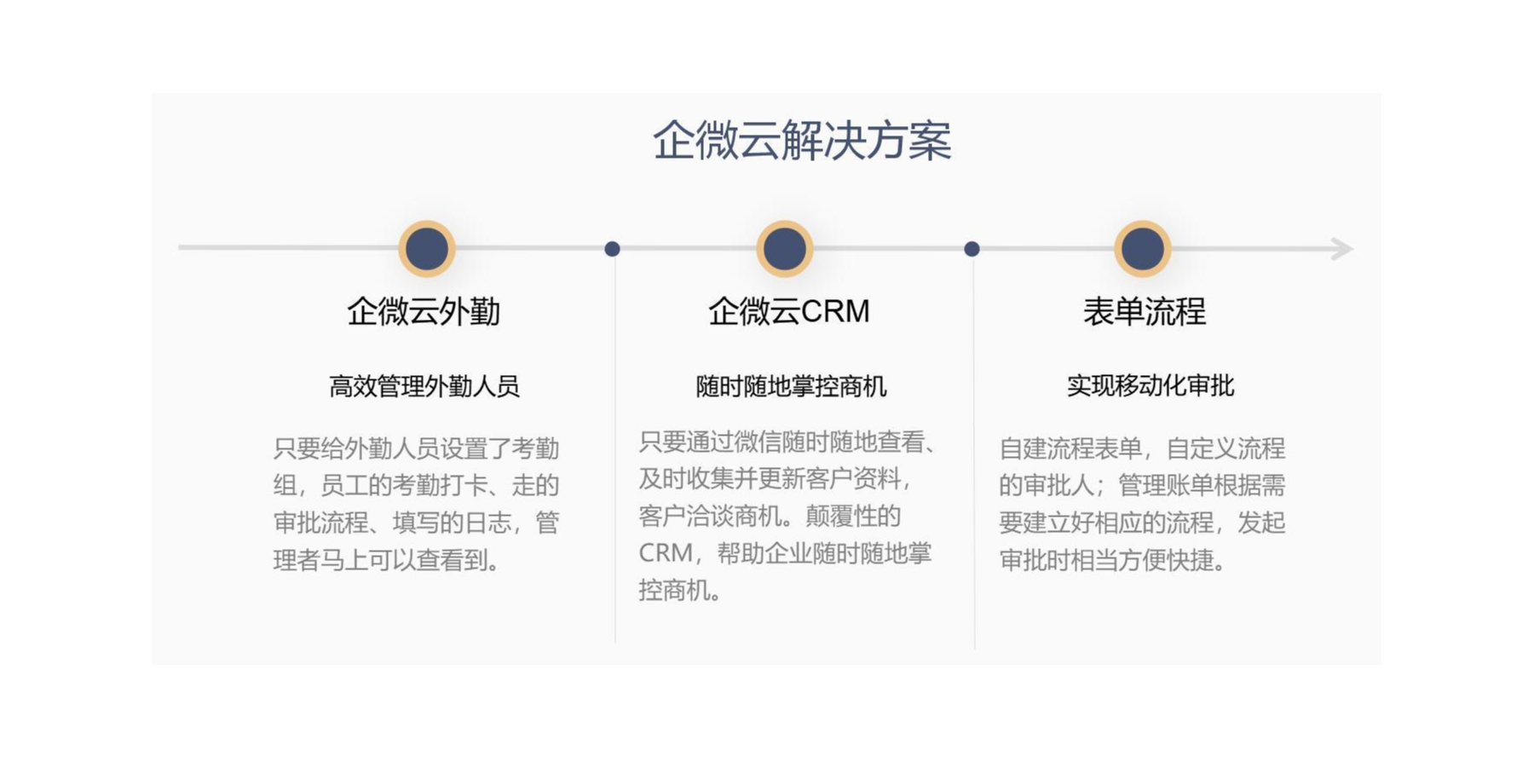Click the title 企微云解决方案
point(802,141)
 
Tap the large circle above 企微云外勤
point(427,249)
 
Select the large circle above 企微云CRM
point(785,249)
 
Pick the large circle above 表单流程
point(1143,249)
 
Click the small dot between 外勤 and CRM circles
point(612,249)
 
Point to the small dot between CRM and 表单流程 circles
point(972,249)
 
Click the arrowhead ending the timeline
point(1342,249)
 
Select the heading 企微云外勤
point(424,312)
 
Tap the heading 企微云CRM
point(789,312)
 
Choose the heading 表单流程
point(1145,312)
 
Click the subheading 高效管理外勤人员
point(424,387)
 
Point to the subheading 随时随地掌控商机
point(792,387)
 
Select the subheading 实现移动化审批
point(1150,386)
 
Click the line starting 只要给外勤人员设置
point(417,448)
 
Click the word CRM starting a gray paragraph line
point(666,553)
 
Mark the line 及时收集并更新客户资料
point(776,479)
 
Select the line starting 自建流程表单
point(1142,448)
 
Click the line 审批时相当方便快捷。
point(1113,560)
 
